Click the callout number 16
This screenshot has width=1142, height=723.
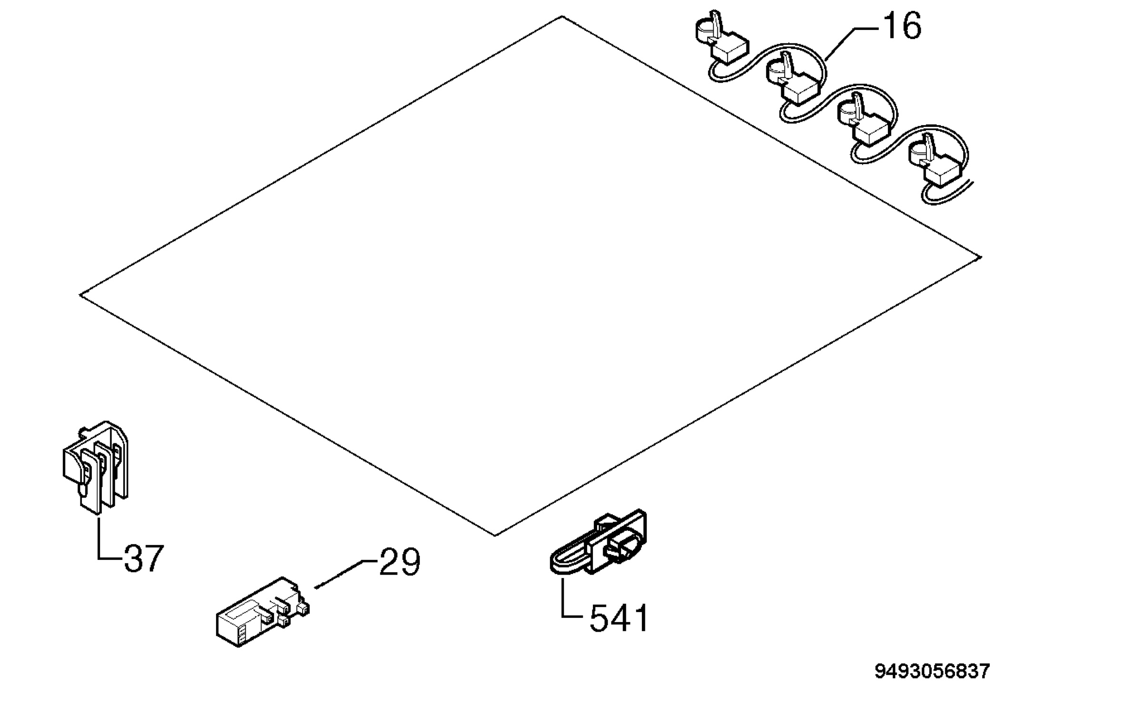click(902, 27)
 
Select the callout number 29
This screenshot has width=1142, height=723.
click(400, 562)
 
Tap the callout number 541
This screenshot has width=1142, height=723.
click(619, 618)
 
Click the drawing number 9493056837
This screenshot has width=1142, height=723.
click(932, 671)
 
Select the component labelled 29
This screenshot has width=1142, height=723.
click(263, 612)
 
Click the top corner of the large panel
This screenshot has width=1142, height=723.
click(562, 17)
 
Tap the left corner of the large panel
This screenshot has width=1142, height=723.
click(80, 295)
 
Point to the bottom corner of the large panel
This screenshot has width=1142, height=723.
click(495, 536)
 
